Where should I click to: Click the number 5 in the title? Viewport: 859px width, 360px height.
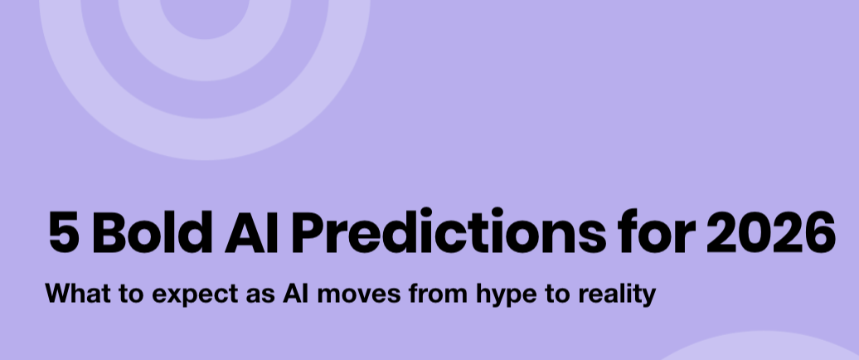pos(61,233)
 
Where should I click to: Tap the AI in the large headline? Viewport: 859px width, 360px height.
pos(250,233)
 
